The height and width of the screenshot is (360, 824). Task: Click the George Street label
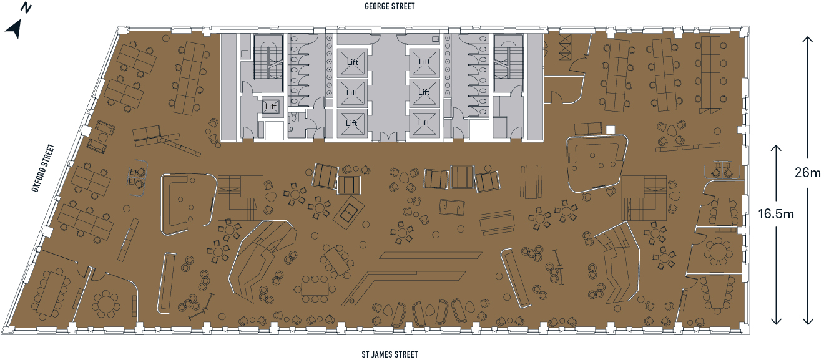[x=390, y=6]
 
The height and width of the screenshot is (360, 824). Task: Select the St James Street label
[x=390, y=354]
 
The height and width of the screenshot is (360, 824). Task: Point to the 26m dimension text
[x=807, y=173]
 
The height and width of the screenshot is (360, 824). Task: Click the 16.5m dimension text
[x=776, y=214]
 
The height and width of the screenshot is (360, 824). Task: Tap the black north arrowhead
[x=14, y=29]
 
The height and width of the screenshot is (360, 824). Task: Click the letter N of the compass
[x=26, y=8]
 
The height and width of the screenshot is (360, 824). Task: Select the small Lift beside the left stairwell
[x=270, y=107]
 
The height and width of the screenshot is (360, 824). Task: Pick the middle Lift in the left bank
[x=351, y=92]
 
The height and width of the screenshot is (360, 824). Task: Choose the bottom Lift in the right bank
[x=424, y=122]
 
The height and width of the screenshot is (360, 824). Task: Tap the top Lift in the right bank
[x=424, y=62]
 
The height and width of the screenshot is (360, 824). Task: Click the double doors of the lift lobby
[x=388, y=137]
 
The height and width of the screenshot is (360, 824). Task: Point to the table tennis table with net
[x=351, y=212]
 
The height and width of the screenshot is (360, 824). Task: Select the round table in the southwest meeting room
[x=106, y=304]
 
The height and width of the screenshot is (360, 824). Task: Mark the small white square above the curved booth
[x=611, y=129]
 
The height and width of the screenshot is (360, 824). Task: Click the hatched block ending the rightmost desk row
[x=710, y=111]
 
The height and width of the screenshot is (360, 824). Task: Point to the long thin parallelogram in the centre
[x=430, y=255]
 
